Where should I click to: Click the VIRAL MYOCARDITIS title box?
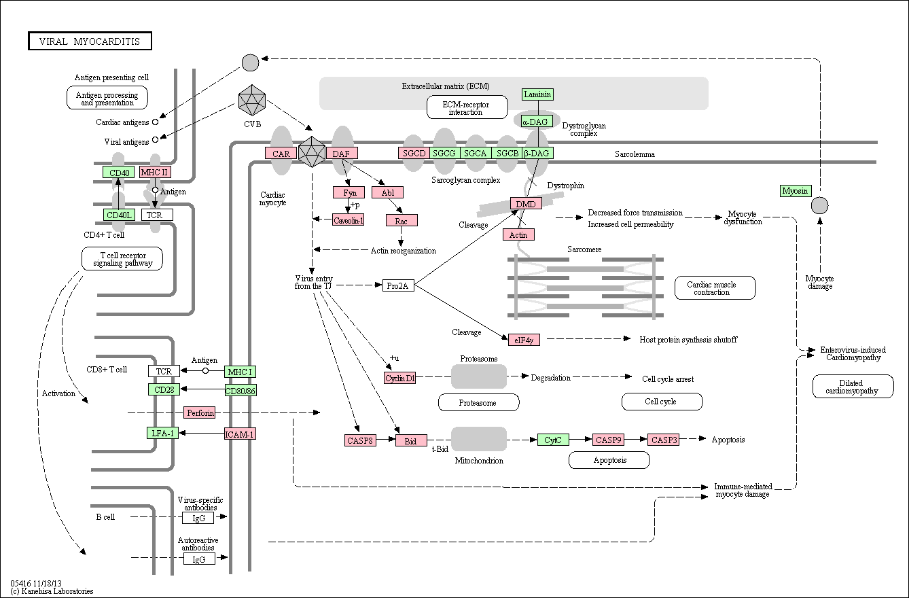click(x=90, y=41)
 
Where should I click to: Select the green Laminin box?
click(x=537, y=94)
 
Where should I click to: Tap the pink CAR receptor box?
click(x=281, y=154)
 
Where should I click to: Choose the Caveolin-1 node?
click(x=348, y=220)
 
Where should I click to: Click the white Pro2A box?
click(x=397, y=285)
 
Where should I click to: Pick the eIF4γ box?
click(x=524, y=339)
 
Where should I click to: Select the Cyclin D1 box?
click(x=399, y=378)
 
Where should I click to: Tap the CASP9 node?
click(x=608, y=440)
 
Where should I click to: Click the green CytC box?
click(x=553, y=440)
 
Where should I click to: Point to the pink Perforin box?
click(x=199, y=412)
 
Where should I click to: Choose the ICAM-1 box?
click(x=240, y=434)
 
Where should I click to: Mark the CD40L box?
click(x=120, y=215)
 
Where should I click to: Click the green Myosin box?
click(x=796, y=191)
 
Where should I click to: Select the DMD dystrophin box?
click(x=526, y=204)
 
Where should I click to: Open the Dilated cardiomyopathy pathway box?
click(x=853, y=387)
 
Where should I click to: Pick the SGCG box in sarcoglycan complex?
click(x=444, y=153)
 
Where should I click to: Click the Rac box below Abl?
click(x=402, y=220)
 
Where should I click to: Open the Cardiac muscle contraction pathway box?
click(x=715, y=288)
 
